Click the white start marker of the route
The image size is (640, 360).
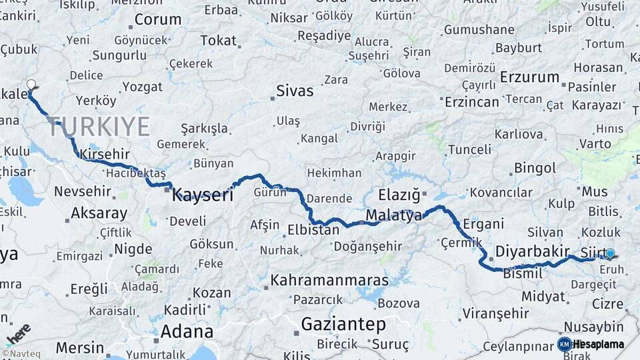coord(31,85)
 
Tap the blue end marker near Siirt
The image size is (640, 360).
coord(610,253)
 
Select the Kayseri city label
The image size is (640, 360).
coord(203,195)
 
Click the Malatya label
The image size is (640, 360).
coord(394,215)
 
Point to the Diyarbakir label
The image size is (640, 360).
coord(532,253)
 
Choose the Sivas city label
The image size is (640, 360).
coord(295,91)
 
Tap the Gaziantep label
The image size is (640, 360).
coord(343,325)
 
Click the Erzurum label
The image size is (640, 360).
coord(529,77)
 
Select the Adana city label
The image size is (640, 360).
coord(187,331)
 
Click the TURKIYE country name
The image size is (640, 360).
coord(99,126)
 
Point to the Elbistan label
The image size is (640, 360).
coord(313,230)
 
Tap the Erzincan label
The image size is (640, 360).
coord(471,102)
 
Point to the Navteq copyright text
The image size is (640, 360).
coord(19,354)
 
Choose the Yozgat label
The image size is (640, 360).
coord(142,87)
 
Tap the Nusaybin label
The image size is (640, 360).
coord(593,327)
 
